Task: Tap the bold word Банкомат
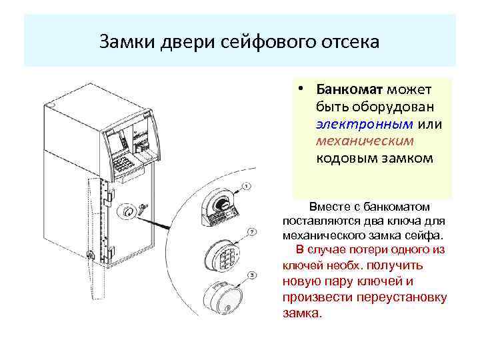tap(344, 89)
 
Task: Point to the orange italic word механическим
tap(365, 141)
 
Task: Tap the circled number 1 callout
tap(247, 185)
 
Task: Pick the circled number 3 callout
tap(251, 275)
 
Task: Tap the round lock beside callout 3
tap(222, 299)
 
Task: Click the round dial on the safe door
tap(127, 211)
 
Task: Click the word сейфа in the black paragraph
tap(424, 235)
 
